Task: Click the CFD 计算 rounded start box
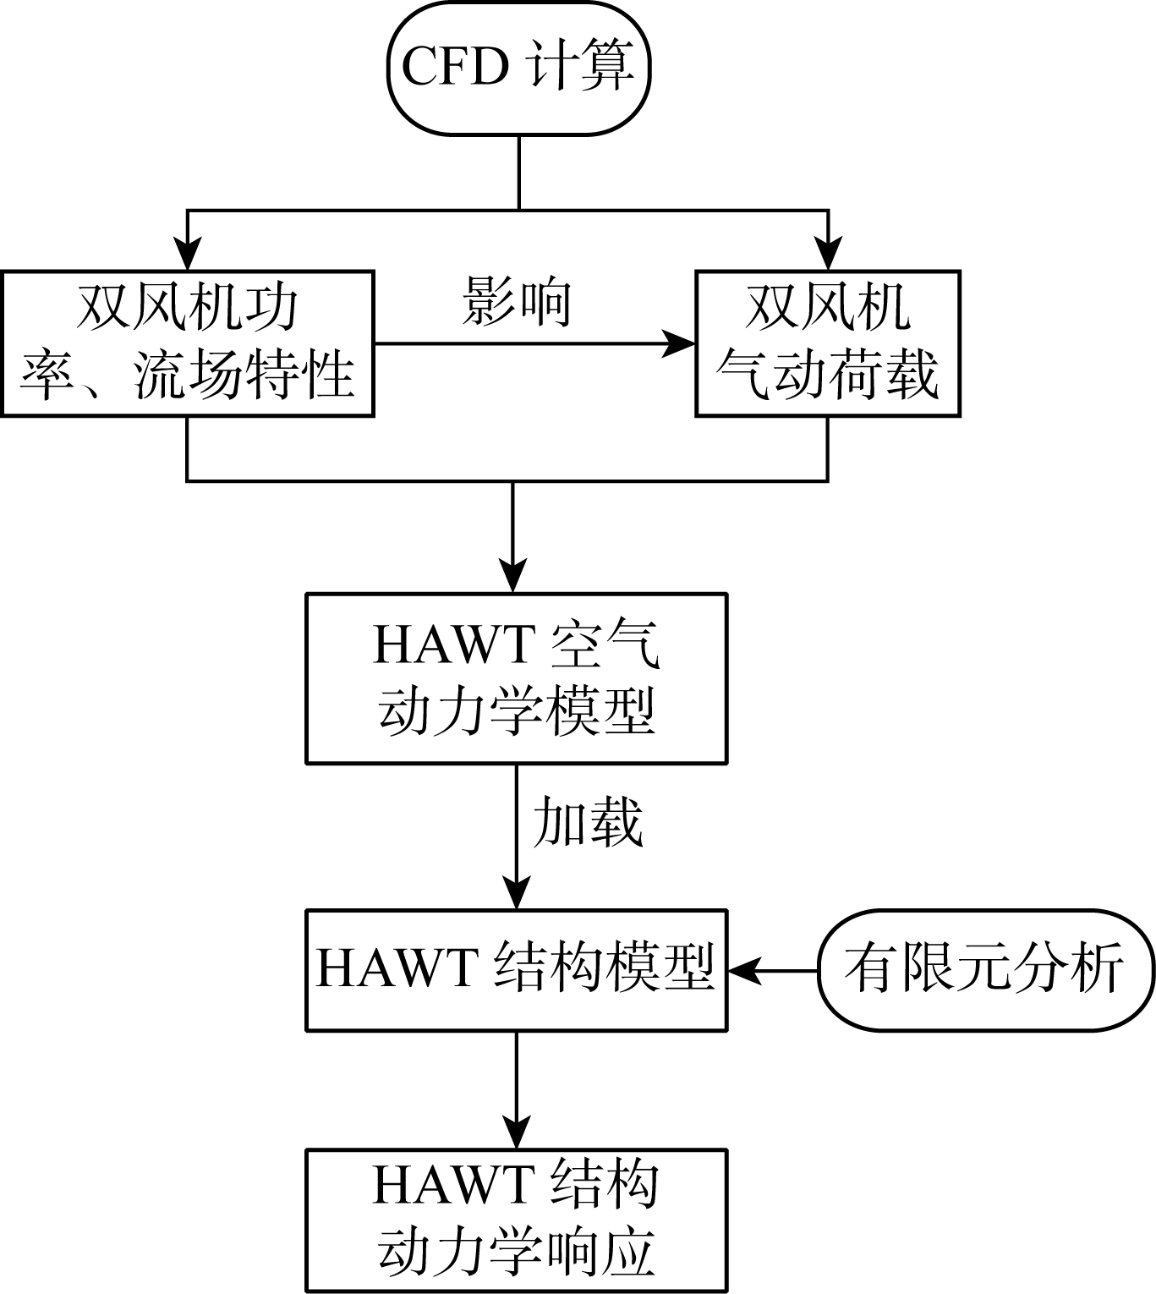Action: (x=518, y=68)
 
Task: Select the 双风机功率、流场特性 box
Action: (x=187, y=343)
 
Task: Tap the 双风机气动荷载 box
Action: (x=827, y=343)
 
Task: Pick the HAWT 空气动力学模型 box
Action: (x=516, y=678)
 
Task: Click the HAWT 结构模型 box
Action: (x=516, y=970)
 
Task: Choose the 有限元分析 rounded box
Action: (x=985, y=970)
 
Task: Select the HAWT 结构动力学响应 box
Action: (x=516, y=1220)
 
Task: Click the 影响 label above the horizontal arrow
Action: (x=517, y=302)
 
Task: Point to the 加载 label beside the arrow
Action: (x=587, y=822)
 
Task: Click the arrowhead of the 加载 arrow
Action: (x=516, y=893)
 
